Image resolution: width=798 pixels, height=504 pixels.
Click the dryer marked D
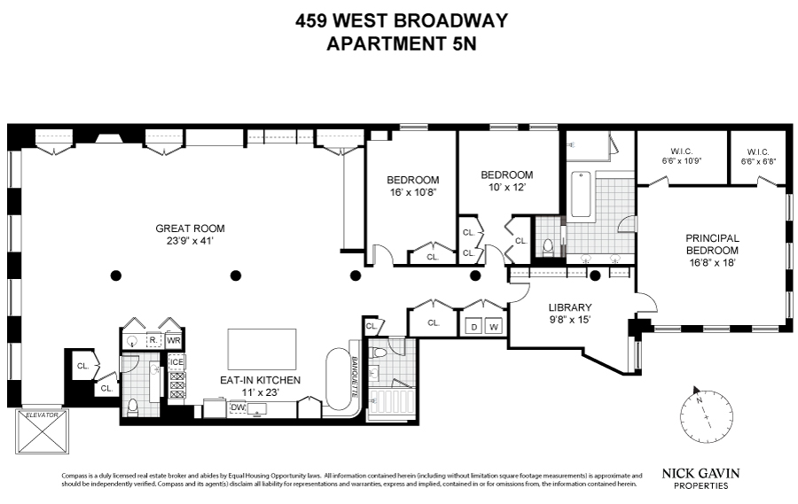click(x=473, y=326)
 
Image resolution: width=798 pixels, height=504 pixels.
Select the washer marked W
click(x=495, y=326)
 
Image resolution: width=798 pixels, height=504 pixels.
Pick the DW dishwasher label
click(x=238, y=407)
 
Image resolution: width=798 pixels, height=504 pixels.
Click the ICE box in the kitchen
click(x=176, y=361)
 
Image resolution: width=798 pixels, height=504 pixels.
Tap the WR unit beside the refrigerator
click(x=175, y=340)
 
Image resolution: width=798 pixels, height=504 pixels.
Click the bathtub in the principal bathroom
click(x=581, y=192)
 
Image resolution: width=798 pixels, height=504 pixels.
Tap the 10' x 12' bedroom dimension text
click(x=506, y=187)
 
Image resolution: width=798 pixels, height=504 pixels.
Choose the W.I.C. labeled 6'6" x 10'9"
click(x=681, y=157)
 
